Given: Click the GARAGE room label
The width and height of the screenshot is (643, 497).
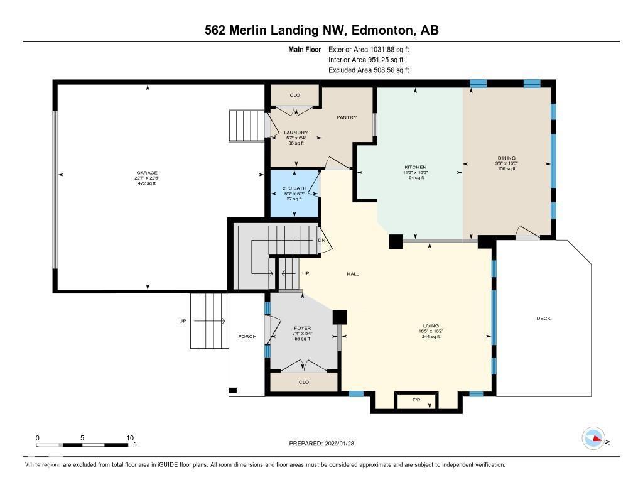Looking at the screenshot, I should click(148, 173).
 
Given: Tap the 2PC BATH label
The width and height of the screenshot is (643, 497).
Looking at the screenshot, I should click(294, 188).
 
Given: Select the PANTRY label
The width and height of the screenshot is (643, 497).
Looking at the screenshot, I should click(347, 117).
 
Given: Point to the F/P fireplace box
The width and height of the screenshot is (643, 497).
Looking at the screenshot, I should click(416, 400).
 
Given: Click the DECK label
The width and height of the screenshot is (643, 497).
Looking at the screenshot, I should click(543, 319).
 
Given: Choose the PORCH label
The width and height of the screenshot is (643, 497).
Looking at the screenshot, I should click(247, 336).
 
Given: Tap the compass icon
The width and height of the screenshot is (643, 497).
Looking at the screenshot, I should click(593, 439).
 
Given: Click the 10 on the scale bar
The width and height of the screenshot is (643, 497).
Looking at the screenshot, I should click(130, 438).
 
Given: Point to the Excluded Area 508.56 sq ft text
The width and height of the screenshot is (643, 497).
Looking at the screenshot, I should click(369, 70).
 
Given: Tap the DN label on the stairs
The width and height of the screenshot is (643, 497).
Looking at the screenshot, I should click(321, 241).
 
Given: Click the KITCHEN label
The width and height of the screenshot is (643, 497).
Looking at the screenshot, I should click(415, 167).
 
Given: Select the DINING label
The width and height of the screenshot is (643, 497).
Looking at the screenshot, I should click(506, 158).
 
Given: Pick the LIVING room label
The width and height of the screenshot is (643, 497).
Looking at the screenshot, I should click(430, 326).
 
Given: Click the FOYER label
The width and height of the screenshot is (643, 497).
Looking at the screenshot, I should click(303, 328).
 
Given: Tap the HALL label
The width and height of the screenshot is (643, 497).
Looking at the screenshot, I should click(353, 274).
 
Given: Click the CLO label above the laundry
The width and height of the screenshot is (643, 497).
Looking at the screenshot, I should click(294, 96).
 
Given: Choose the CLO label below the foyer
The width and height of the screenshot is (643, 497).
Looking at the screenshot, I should click(304, 382).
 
